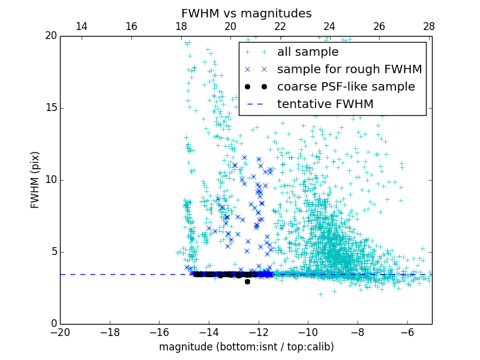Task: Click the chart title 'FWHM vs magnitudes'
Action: (x=246, y=13)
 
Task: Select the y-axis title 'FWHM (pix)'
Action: (x=35, y=179)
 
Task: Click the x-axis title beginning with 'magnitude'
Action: (x=246, y=347)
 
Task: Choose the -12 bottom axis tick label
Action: (x=258, y=332)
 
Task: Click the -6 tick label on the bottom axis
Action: (x=407, y=332)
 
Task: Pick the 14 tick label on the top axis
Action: (x=82, y=26)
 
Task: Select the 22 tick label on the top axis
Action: (x=280, y=26)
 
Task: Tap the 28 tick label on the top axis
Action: (x=429, y=26)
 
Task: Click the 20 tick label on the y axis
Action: (x=50, y=36)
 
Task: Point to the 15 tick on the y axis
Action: (x=50, y=108)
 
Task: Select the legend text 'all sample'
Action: (x=308, y=52)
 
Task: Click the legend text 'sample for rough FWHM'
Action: (x=349, y=70)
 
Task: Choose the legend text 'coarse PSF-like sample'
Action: (x=346, y=87)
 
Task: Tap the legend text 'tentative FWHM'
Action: (x=325, y=104)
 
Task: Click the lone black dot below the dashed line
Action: (x=247, y=281)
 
